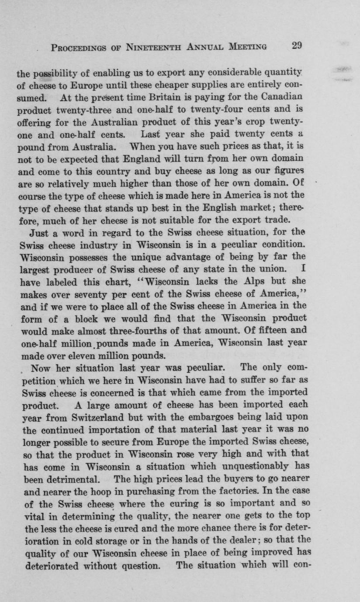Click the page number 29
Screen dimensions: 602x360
click(297, 46)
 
